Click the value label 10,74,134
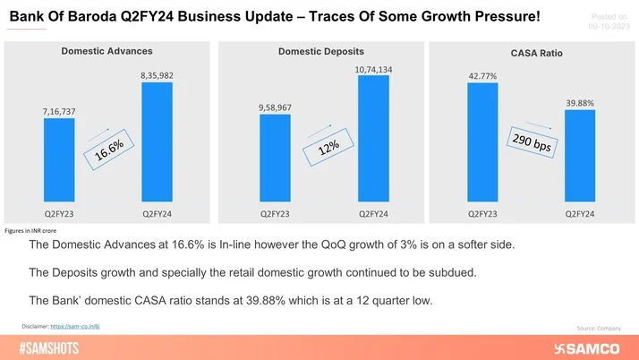(373, 68)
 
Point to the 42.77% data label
(483, 76)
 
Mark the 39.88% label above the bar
(580, 103)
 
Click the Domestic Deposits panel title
(320, 52)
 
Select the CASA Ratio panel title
(535, 54)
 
